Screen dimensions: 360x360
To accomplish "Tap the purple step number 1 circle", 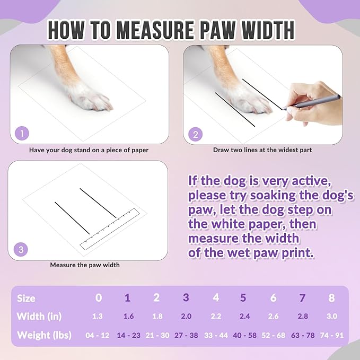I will point(22,134).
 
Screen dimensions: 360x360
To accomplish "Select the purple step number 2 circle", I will point(195,134).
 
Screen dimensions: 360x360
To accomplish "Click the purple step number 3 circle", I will point(21,249).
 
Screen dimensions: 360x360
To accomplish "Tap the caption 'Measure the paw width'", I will point(85,265).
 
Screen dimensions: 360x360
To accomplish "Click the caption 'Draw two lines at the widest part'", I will point(262,150).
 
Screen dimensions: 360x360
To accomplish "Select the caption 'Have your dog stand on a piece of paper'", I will point(89,150).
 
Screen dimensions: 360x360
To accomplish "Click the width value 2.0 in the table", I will point(186,317).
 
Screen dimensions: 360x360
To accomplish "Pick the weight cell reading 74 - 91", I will point(331,335).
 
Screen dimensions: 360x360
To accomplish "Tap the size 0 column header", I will point(99,297).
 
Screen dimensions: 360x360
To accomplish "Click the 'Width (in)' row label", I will point(39,317).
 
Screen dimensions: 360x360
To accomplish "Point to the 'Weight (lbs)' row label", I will point(44,335).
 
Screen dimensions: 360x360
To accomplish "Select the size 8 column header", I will point(331,297).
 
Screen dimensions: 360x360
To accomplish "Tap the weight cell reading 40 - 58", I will point(244,335).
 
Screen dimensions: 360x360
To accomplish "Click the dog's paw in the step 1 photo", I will point(90,95).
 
